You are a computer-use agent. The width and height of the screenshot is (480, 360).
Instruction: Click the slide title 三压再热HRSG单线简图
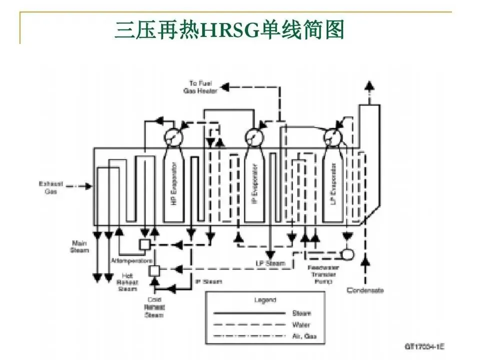(x=229, y=29)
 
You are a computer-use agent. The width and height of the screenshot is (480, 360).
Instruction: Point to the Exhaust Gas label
(x=51, y=187)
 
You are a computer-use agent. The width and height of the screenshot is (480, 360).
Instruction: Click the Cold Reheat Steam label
(x=154, y=307)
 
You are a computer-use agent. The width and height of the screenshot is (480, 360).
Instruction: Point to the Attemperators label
(x=131, y=261)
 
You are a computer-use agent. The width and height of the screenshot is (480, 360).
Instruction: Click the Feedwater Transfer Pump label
(x=322, y=274)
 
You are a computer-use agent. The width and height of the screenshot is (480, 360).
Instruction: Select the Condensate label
(x=365, y=290)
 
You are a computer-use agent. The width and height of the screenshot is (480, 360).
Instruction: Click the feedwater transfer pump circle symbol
(x=347, y=254)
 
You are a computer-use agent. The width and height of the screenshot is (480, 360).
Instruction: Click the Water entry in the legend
(x=301, y=325)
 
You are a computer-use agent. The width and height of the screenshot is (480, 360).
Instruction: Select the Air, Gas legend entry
(x=304, y=336)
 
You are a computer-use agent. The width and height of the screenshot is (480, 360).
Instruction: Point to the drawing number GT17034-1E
(x=423, y=345)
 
